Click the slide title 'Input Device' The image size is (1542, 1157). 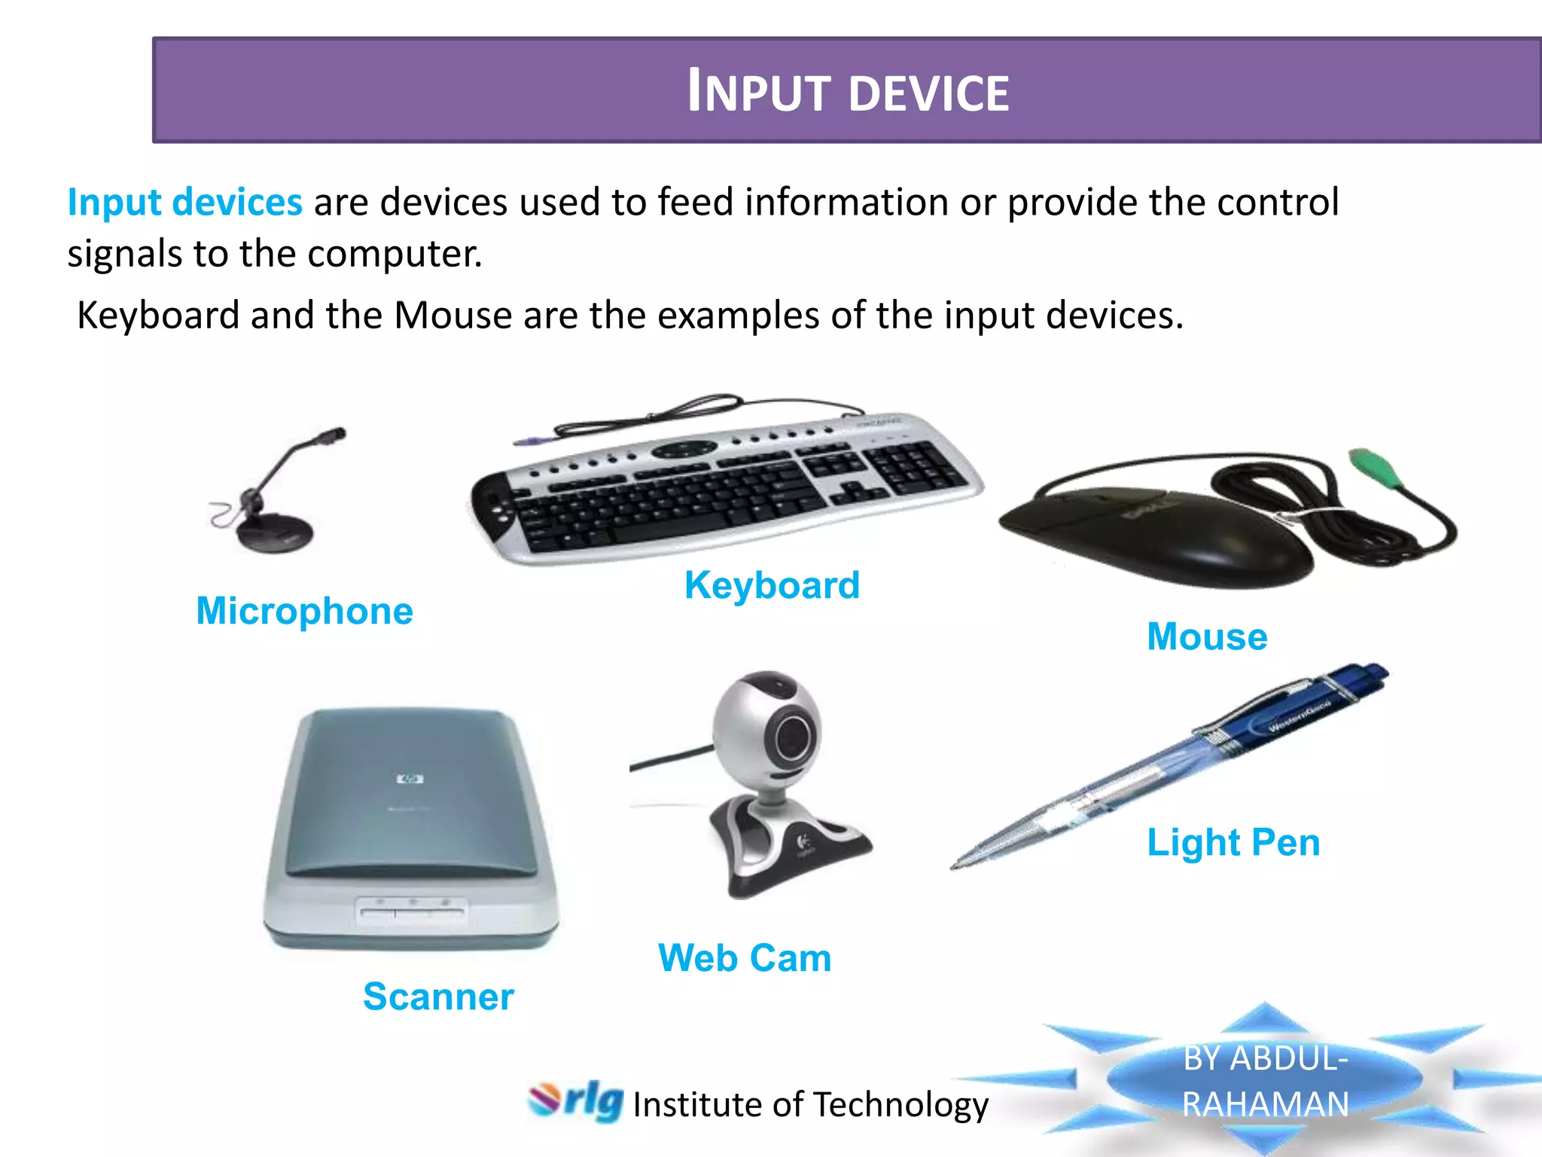click(848, 91)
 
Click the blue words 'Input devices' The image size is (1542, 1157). click(184, 202)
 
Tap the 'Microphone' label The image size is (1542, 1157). click(304, 610)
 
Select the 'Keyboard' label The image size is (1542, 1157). click(772, 585)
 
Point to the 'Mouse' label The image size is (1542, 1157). click(1207, 637)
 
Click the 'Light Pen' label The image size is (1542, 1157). click(1233, 842)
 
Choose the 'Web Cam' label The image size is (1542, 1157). click(745, 958)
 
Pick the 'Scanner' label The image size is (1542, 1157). click(438, 997)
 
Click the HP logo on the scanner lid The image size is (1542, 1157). click(410, 779)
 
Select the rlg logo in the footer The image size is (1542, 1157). click(576, 1101)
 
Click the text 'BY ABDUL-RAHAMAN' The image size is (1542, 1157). click(1265, 1081)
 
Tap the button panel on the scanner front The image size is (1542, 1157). click(410, 911)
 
